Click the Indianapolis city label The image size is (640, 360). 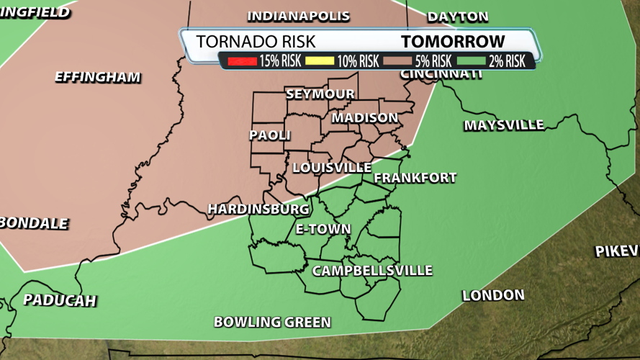[299, 16]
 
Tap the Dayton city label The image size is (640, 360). [458, 17]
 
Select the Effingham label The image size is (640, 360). [98, 77]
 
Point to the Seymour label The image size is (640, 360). [320, 94]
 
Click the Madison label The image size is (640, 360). [364, 117]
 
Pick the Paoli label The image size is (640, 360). [270, 135]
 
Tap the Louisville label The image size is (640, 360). [332, 167]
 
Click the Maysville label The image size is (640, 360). [504, 125]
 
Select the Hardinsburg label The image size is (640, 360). [258, 209]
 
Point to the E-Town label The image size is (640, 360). [323, 229]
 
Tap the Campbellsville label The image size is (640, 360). [372, 271]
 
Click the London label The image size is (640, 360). [493, 295]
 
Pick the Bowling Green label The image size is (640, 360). [272, 322]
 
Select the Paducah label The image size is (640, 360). [60, 300]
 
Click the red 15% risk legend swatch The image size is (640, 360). [243, 61]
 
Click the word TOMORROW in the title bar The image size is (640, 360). [453, 42]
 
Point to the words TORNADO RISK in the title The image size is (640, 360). [256, 42]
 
